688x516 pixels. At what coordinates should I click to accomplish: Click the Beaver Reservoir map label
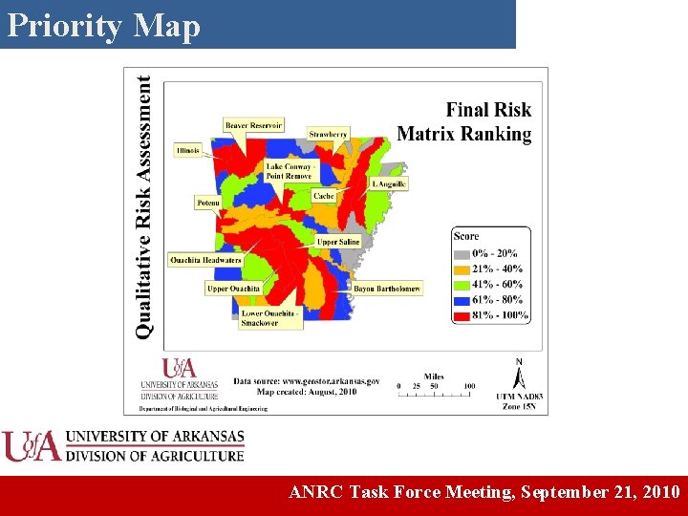253,125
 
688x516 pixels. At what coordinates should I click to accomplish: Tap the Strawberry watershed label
328,135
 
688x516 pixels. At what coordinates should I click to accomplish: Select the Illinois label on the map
188,151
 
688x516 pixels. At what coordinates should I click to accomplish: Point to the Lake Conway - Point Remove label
289,171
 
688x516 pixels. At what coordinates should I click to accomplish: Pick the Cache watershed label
324,196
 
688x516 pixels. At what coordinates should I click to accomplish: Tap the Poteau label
208,203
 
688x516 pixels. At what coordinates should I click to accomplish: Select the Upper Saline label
338,243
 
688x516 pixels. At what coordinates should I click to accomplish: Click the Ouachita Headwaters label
205,260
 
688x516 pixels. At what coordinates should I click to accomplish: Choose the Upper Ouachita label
233,289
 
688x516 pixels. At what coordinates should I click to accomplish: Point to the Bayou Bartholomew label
387,288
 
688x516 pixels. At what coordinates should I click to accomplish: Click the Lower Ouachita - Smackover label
270,318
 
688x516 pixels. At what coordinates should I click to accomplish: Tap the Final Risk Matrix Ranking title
464,122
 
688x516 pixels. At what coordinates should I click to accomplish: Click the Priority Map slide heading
104,26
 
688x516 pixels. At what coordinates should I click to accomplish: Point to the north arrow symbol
519,375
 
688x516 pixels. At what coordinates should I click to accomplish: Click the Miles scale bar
436,385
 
